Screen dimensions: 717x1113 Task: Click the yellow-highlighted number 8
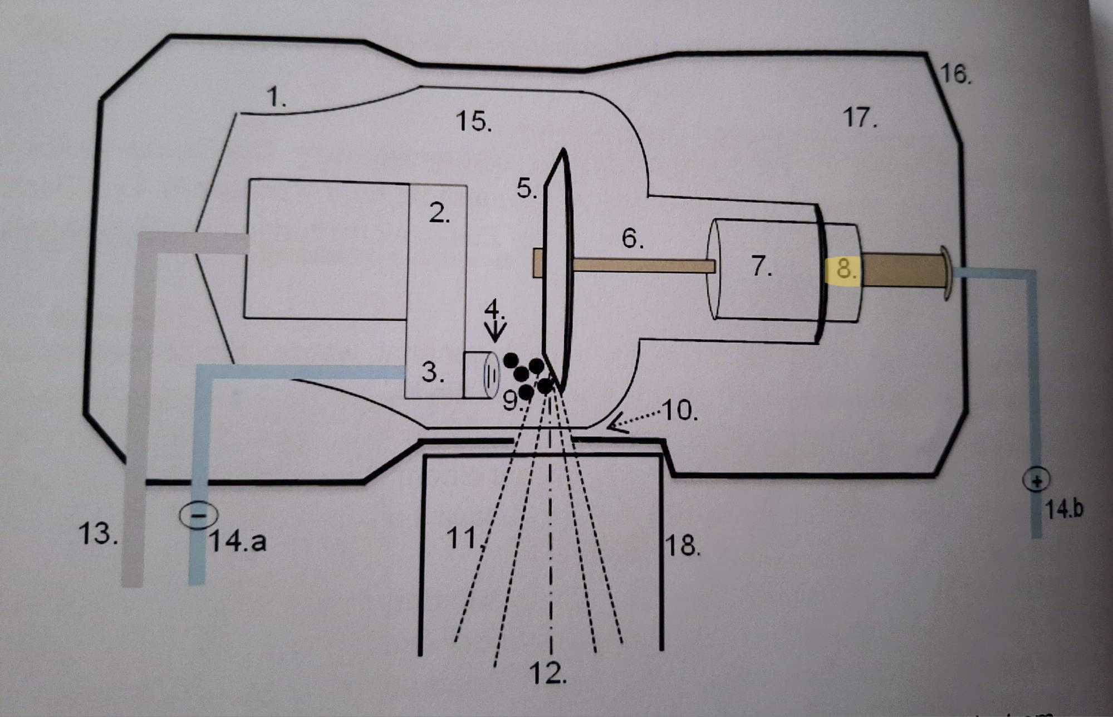pyautogui.click(x=845, y=269)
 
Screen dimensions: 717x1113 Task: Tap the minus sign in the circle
pyautogui.click(x=198, y=515)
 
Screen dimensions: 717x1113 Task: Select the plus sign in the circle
pyautogui.click(x=1036, y=480)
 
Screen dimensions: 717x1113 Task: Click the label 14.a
pyautogui.click(x=238, y=541)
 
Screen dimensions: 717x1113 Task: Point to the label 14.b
pyautogui.click(x=1065, y=510)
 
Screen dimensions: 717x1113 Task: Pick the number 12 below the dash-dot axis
pyautogui.click(x=549, y=675)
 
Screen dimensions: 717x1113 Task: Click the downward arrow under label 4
pyautogui.click(x=495, y=331)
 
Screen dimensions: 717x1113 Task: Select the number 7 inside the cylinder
pyautogui.click(x=762, y=266)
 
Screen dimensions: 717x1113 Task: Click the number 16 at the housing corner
pyautogui.click(x=955, y=74)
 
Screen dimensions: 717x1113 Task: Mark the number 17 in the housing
pyautogui.click(x=860, y=118)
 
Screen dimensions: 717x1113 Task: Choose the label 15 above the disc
pyautogui.click(x=473, y=121)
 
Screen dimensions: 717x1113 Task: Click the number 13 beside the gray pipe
pyautogui.click(x=98, y=535)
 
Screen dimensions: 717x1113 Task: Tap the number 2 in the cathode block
pyautogui.click(x=439, y=213)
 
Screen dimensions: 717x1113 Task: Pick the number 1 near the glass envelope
pyautogui.click(x=277, y=98)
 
